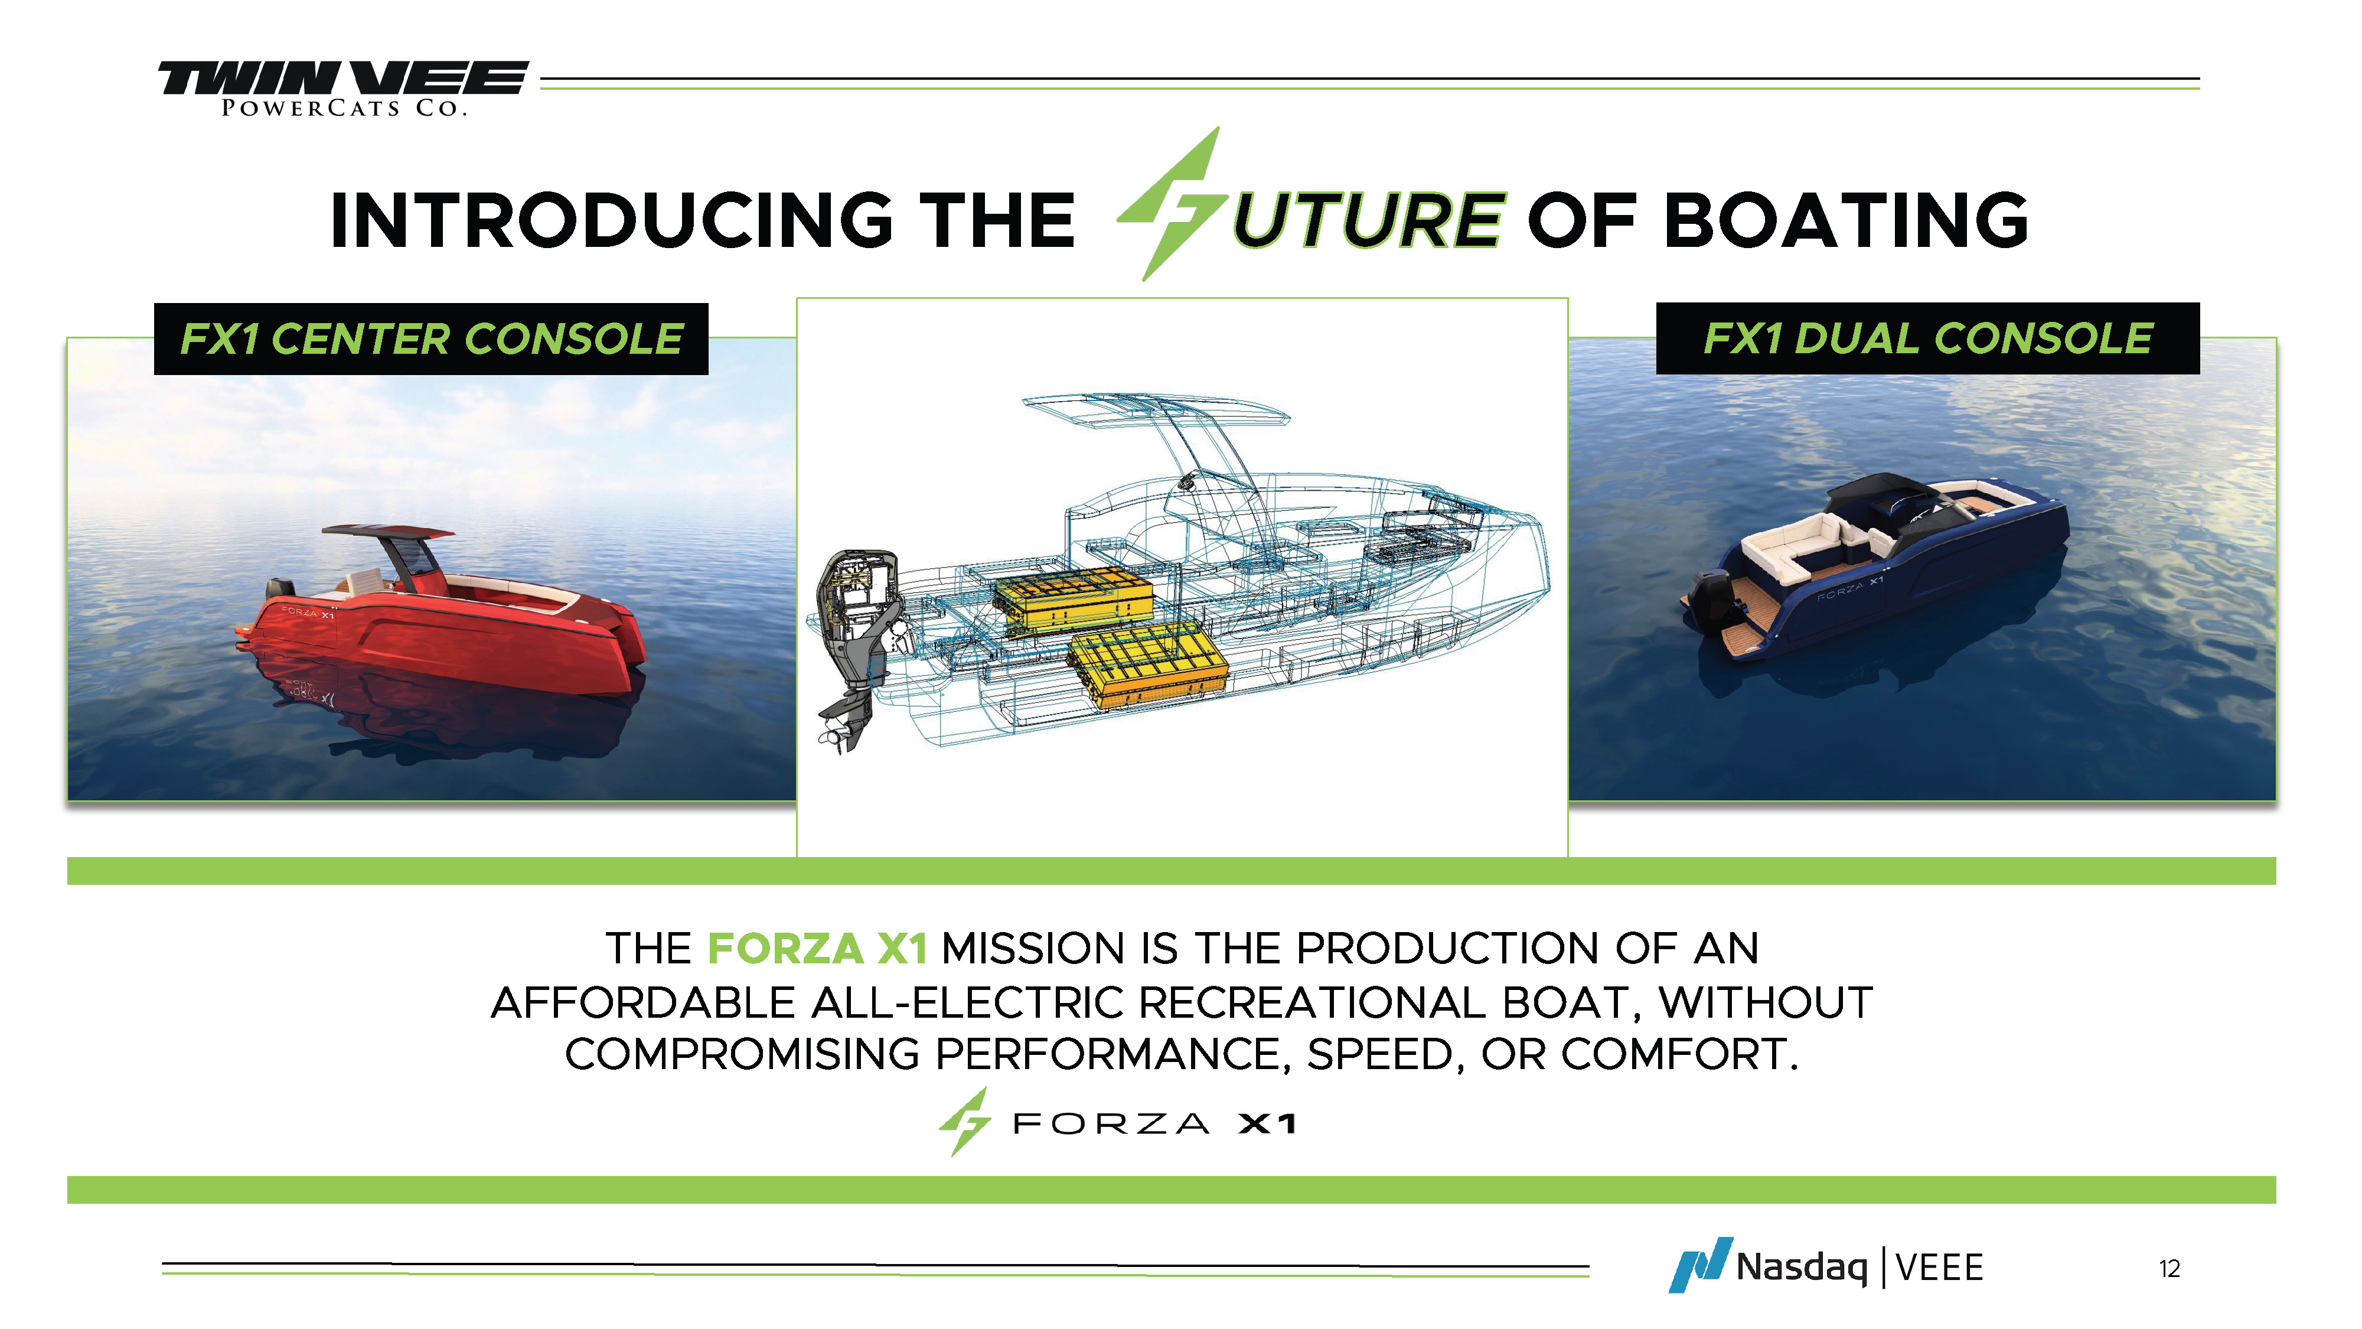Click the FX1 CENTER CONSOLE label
[x=431, y=338]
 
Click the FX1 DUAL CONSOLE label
[x=1927, y=338]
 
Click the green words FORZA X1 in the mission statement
[x=818, y=949]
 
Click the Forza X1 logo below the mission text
[x=1117, y=1122]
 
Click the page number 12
[x=2169, y=1269]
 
